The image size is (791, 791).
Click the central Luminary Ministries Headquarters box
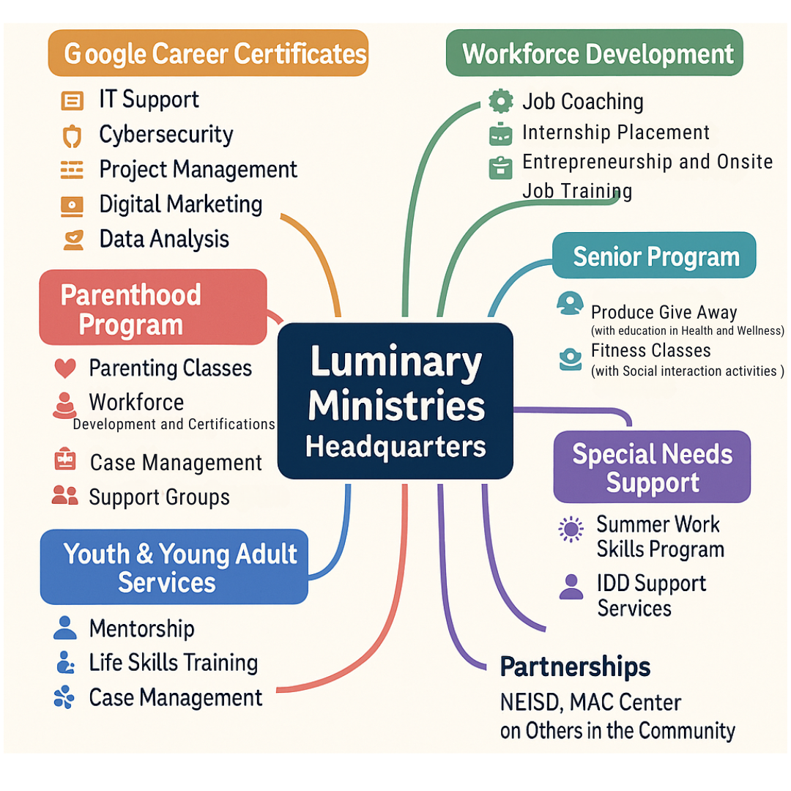pyautogui.click(x=395, y=401)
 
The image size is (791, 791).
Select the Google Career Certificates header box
pyautogui.click(x=207, y=53)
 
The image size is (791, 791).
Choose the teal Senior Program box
pyautogui.click(x=653, y=256)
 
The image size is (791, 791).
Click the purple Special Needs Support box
pyautogui.click(x=652, y=467)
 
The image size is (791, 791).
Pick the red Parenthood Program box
pyautogui.click(x=152, y=308)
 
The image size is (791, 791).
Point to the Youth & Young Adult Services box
pyautogui.click(x=174, y=567)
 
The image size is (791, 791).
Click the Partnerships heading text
pyautogui.click(x=575, y=666)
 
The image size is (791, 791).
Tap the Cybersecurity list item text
pyautogui.click(x=166, y=135)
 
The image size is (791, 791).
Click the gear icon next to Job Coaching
pyautogui.click(x=500, y=102)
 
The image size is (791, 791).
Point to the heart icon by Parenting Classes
pyautogui.click(x=65, y=368)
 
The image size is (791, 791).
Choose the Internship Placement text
pyautogui.click(x=616, y=133)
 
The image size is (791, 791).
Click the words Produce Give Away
pyautogui.click(x=664, y=313)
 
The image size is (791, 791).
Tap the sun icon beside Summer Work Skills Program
pyautogui.click(x=571, y=528)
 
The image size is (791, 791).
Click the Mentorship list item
pyautogui.click(x=141, y=628)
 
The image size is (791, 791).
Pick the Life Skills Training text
pyautogui.click(x=173, y=663)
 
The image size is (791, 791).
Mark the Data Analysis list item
pyautogui.click(x=164, y=239)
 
